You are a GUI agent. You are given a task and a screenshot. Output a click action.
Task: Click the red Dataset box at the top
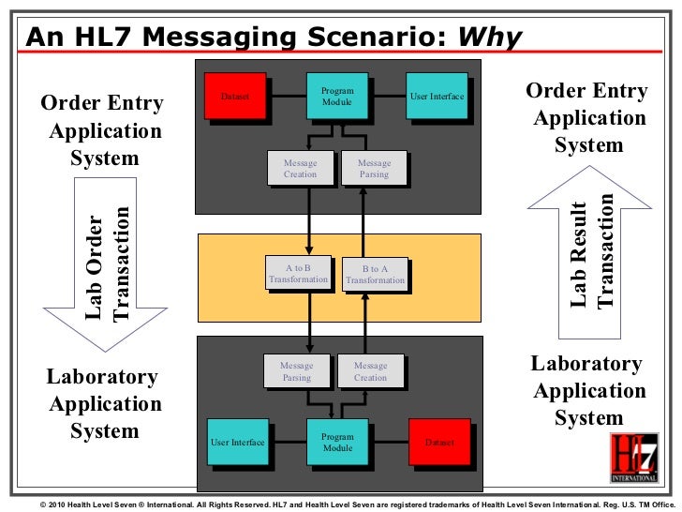234,95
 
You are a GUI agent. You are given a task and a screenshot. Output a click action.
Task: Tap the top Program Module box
336,96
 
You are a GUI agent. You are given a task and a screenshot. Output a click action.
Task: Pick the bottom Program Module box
337,443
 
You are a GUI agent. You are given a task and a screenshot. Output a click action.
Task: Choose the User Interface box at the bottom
237,442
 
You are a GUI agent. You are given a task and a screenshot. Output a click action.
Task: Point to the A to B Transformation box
298,274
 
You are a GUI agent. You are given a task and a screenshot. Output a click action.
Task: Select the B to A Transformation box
375,274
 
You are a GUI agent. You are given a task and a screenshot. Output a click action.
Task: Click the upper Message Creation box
300,169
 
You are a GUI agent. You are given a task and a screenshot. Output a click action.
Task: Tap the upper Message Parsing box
374,169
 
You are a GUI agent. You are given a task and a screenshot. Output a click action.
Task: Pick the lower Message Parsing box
297,371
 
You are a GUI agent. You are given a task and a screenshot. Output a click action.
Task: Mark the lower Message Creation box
370,371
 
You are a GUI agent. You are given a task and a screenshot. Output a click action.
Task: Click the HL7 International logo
634,457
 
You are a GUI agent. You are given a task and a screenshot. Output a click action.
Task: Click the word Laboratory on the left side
102,377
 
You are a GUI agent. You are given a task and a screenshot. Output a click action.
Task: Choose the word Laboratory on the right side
586,364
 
